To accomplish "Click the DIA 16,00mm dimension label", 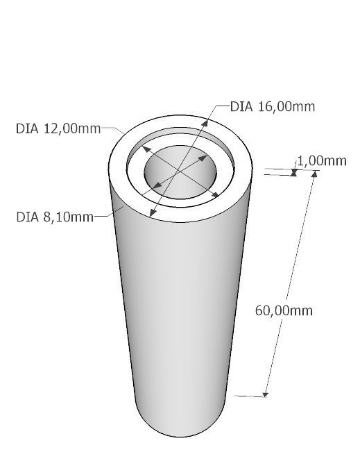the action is click(x=273, y=107).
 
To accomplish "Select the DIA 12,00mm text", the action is click(x=58, y=128).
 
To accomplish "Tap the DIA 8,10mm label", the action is click(x=55, y=217).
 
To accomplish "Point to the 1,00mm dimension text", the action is click(x=322, y=161).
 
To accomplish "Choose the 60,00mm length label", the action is click(x=284, y=311).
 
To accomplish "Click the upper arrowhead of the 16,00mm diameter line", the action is click(x=205, y=123).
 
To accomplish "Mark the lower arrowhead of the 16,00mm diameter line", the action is click(x=153, y=213).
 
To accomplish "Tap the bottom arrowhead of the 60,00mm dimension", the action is click(x=266, y=394).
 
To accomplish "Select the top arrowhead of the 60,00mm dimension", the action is click(x=314, y=174).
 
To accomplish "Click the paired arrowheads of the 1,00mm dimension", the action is click(x=294, y=172).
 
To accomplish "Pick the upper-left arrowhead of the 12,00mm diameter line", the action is click(x=146, y=149).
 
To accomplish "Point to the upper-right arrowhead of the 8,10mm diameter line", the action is click(x=203, y=158).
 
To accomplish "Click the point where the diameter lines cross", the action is click(x=179, y=171).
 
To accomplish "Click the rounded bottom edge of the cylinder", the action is click(x=180, y=437).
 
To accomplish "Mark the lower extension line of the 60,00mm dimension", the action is click(x=250, y=396).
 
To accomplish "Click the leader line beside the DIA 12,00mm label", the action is click(x=113, y=129).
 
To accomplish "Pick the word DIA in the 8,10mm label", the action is click(x=27, y=217).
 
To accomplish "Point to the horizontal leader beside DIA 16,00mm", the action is click(x=223, y=106).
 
